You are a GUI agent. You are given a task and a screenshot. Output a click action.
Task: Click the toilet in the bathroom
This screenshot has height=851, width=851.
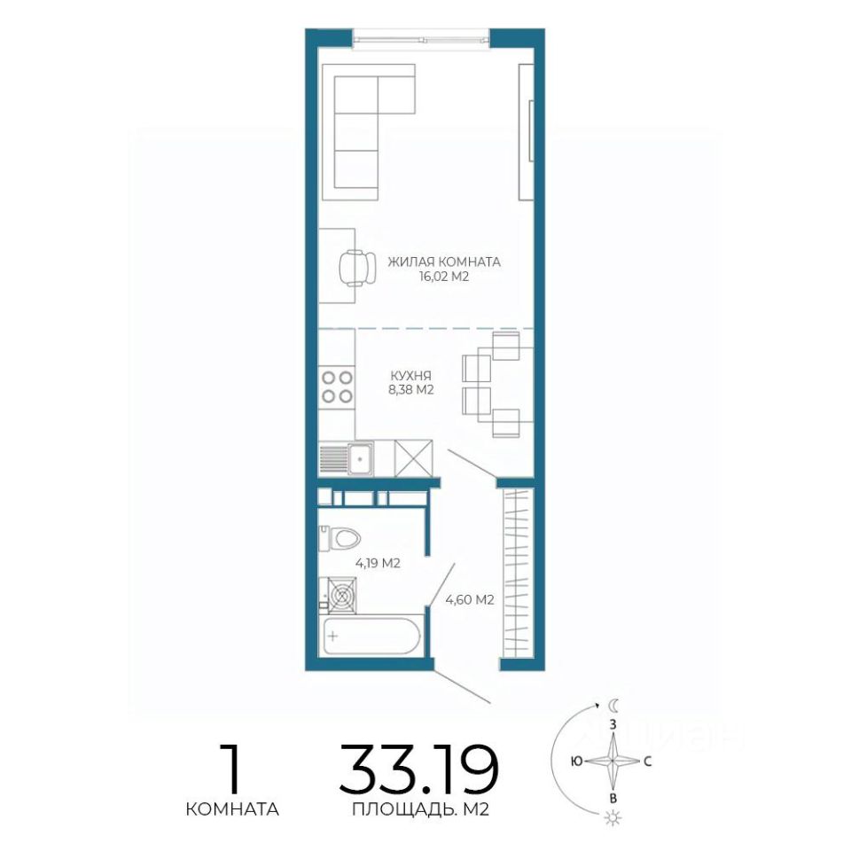tap(340, 538)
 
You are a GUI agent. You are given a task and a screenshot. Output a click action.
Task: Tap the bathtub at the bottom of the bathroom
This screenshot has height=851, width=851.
tap(371, 636)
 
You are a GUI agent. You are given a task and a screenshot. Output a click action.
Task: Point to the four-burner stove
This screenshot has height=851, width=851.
tap(337, 386)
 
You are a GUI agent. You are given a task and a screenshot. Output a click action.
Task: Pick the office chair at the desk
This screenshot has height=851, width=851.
tap(357, 268)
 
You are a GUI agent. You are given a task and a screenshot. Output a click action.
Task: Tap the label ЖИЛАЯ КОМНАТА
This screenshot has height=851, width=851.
tap(444, 262)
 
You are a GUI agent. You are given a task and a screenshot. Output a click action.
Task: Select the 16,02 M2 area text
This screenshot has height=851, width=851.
tap(443, 277)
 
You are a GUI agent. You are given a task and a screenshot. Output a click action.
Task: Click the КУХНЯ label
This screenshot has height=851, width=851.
tap(410, 376)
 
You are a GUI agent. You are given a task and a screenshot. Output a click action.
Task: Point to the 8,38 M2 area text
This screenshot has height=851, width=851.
tap(410, 390)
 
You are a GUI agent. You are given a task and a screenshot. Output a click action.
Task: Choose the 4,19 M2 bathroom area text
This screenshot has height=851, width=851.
tap(378, 564)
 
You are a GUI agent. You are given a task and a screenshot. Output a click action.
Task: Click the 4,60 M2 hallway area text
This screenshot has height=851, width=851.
tap(470, 600)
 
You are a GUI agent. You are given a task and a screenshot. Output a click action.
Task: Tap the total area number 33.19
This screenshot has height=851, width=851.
tap(419, 769)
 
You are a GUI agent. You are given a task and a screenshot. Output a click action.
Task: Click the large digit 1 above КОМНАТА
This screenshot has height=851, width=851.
tap(231, 769)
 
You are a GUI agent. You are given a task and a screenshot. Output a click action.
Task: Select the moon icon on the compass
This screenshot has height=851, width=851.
tap(613, 706)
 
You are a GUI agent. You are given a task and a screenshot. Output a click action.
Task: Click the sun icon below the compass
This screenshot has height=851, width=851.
tap(613, 833)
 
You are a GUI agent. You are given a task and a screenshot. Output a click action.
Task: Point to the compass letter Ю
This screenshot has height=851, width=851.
tap(576, 761)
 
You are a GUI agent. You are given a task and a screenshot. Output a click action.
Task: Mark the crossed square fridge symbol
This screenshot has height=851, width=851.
tap(414, 458)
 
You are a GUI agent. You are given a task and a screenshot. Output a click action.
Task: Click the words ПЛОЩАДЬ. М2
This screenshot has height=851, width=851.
tap(420, 809)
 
